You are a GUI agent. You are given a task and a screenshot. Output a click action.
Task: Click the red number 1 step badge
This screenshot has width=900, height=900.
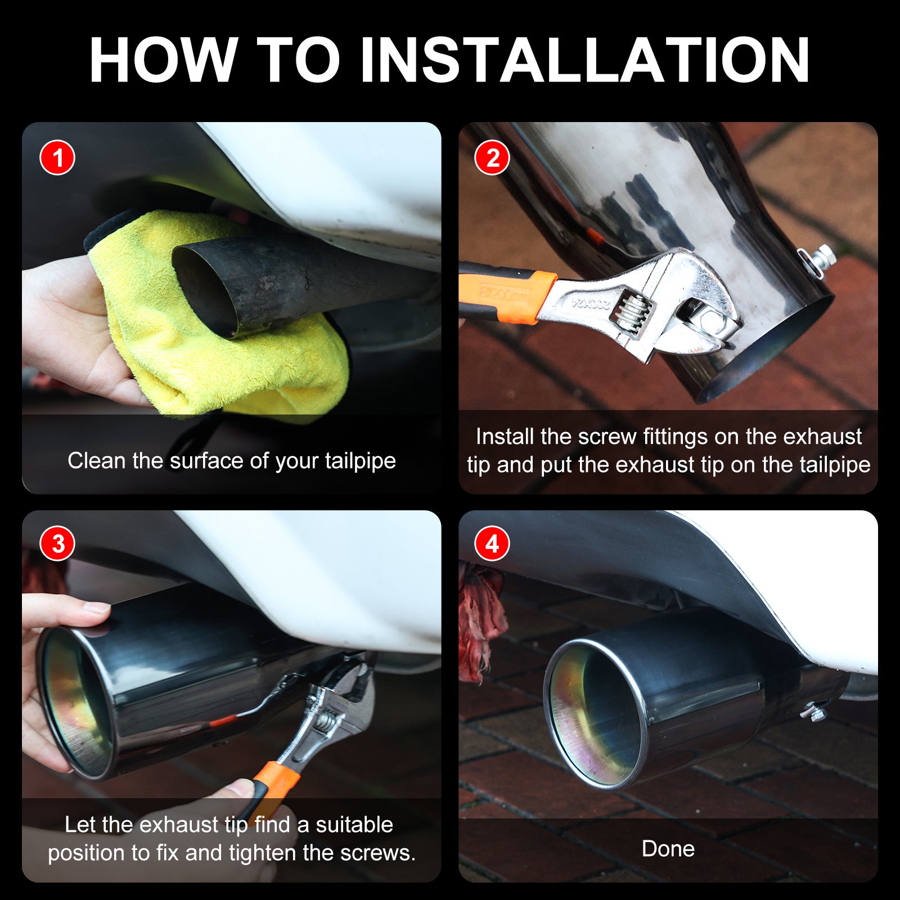(57, 157)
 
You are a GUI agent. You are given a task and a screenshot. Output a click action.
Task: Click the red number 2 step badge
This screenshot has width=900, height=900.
(492, 157)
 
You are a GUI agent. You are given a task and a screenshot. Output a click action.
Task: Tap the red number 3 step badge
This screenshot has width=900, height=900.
(57, 544)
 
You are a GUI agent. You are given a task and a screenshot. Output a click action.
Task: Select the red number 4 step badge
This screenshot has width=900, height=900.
(492, 544)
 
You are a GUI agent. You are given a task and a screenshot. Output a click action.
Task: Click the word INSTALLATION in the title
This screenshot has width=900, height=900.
(585, 60)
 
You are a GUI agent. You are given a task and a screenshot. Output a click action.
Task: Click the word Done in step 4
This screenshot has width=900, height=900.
(668, 849)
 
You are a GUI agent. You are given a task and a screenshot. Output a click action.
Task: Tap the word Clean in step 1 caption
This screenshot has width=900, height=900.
(96, 461)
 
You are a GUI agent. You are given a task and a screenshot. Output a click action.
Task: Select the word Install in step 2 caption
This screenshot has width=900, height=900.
(505, 436)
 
